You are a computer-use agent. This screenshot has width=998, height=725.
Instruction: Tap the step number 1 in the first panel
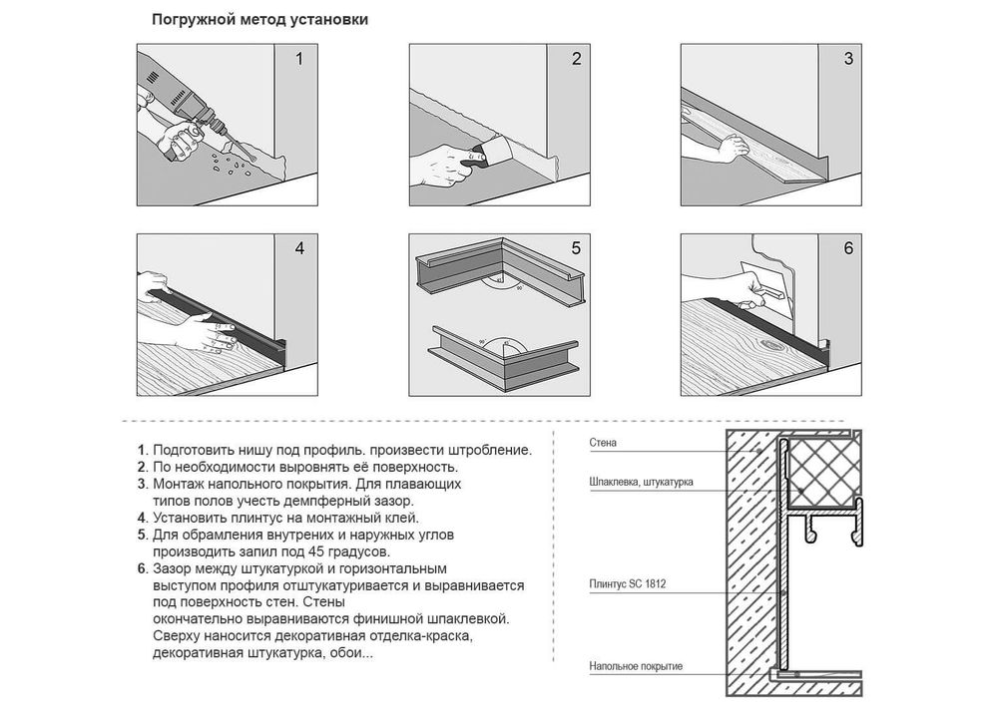[299, 59]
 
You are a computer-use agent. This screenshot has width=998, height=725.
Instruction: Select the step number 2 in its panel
[576, 59]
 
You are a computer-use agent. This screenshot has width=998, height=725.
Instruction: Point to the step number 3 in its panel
[848, 59]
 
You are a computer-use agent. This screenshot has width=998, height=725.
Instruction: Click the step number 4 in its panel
[299, 248]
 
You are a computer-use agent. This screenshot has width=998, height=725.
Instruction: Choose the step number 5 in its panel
[576, 248]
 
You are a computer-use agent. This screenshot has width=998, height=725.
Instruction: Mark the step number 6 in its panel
[848, 248]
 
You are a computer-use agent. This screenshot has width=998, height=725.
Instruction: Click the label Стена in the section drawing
[603, 443]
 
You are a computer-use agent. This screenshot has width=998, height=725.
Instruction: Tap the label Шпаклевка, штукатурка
[641, 482]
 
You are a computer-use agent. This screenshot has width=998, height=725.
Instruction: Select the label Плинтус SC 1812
[628, 583]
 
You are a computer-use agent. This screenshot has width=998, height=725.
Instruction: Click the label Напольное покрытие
[636, 666]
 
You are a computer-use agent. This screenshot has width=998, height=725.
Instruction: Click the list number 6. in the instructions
[143, 568]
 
